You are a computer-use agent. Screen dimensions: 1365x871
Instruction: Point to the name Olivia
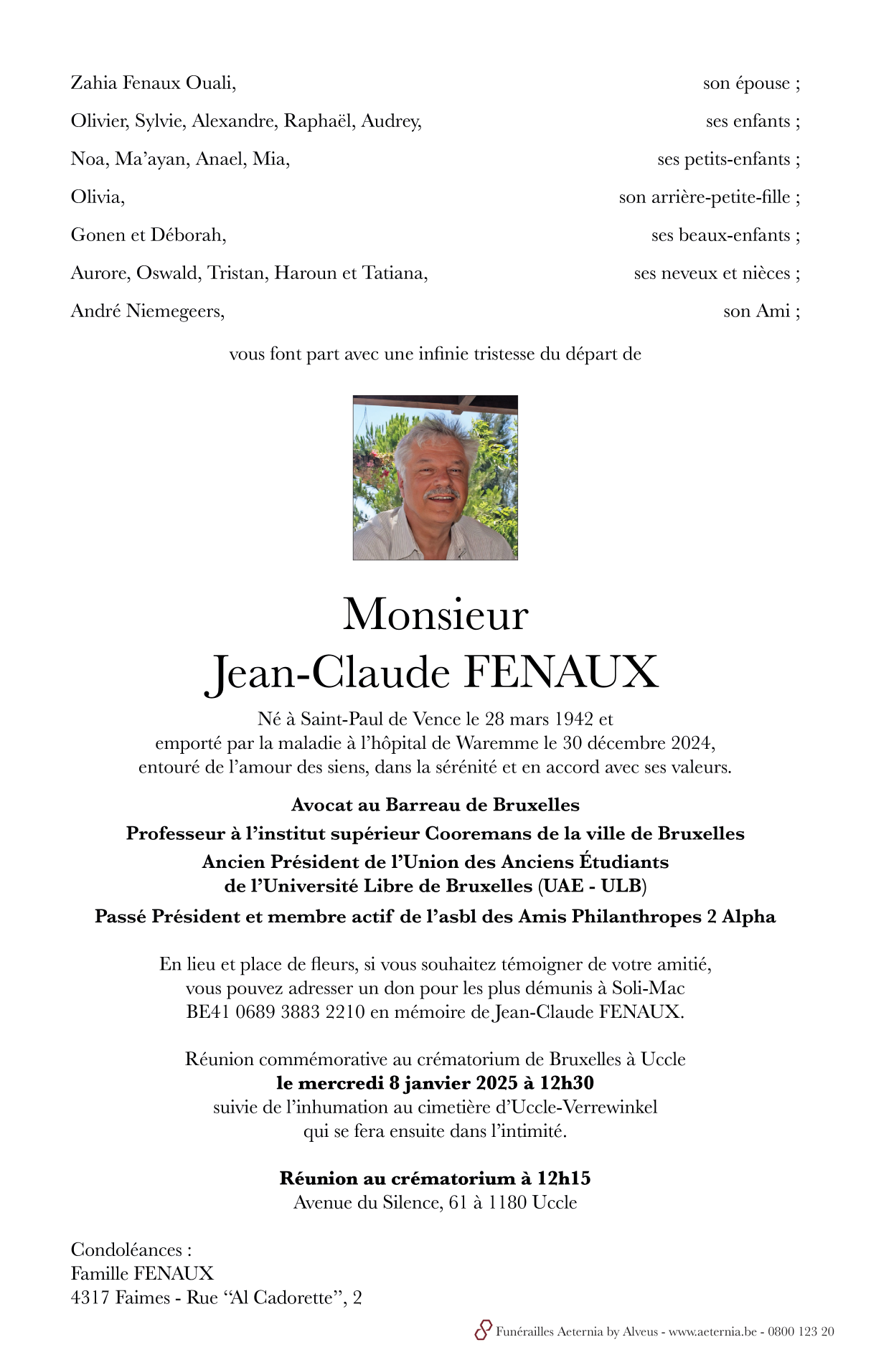point(97,197)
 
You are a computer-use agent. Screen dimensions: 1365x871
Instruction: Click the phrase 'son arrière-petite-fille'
point(705,197)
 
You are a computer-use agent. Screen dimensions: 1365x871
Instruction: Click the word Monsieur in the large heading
point(435,615)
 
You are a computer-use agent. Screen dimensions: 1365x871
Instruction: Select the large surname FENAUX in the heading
point(561,672)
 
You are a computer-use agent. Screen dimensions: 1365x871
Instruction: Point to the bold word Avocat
point(321,805)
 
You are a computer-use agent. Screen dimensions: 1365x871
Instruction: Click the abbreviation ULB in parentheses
point(621,886)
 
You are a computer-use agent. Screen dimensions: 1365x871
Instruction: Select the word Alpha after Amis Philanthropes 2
point(749,917)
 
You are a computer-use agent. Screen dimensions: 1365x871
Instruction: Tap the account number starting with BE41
point(276,1012)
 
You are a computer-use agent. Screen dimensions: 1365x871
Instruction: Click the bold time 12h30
point(567,1083)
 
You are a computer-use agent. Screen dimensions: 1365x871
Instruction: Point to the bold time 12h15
point(564,1179)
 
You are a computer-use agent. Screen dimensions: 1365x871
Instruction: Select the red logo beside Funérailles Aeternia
point(483,1331)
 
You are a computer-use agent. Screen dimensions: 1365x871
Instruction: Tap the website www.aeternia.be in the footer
point(712,1332)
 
